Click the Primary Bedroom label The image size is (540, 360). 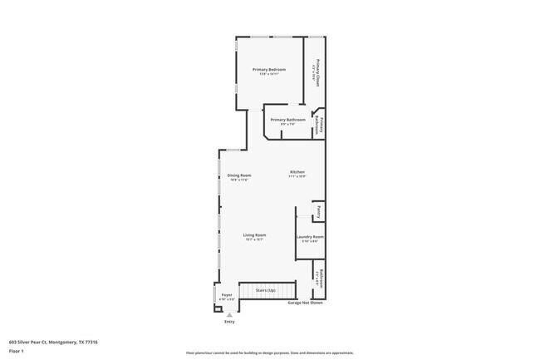point(269,69)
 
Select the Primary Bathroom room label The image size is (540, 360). point(288,120)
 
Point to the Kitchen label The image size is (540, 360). point(297,171)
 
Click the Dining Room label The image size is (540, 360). point(239,175)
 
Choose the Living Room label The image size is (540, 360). point(254,234)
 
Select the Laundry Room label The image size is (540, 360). point(310,237)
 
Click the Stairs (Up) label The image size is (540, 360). point(266,290)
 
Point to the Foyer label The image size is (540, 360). point(227,295)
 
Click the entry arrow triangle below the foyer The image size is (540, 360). point(229,314)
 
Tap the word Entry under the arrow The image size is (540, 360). point(229,322)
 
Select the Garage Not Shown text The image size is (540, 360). point(305,303)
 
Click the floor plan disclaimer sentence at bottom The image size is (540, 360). point(269,353)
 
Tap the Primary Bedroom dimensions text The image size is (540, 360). point(269,74)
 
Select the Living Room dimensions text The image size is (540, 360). point(254,239)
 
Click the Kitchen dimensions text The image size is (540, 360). point(297,176)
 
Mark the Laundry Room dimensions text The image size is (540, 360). point(310,242)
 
